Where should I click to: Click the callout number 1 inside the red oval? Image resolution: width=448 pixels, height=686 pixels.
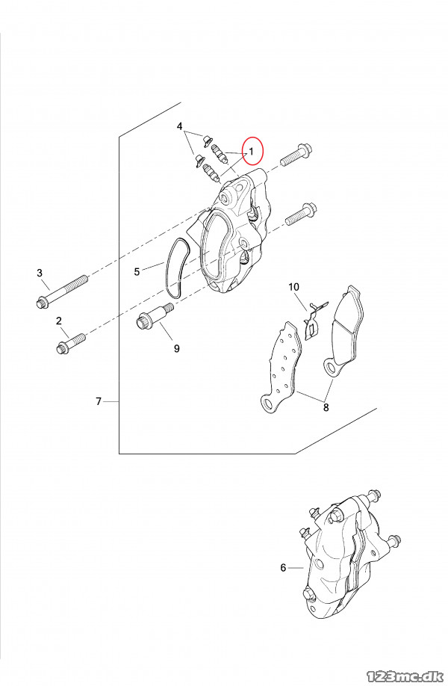coord(252,151)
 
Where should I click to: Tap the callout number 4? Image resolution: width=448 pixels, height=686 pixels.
coord(180,126)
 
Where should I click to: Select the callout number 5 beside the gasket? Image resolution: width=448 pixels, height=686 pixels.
coord(137,272)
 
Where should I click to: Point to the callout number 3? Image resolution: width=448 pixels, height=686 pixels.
coord(40,273)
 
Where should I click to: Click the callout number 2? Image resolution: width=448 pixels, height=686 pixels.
coord(59,321)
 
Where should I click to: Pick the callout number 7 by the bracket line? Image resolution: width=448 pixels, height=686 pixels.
coord(99,401)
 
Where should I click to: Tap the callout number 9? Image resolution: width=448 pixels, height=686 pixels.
coord(176,349)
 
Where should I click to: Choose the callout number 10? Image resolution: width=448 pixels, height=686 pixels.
coord(293,287)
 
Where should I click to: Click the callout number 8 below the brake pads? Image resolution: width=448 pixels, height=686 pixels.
coord(326,407)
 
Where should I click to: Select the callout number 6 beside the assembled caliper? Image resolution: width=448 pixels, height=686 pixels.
coord(283,568)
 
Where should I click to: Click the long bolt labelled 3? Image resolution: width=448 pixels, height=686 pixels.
coord(61,291)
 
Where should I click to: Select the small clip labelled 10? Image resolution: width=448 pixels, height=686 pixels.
coord(314,320)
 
